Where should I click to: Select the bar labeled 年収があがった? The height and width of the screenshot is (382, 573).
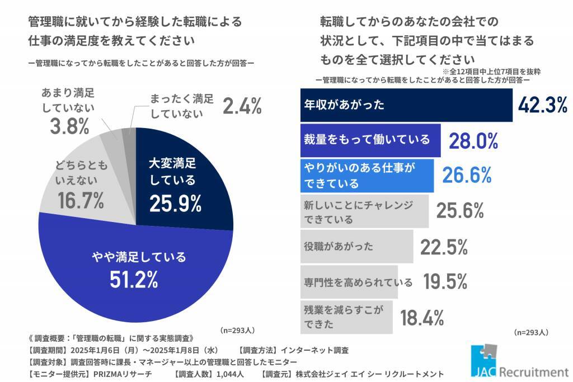click(x=406, y=105)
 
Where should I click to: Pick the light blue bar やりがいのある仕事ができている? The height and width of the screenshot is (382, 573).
click(x=367, y=175)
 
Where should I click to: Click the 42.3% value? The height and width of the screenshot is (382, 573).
click(x=542, y=105)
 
